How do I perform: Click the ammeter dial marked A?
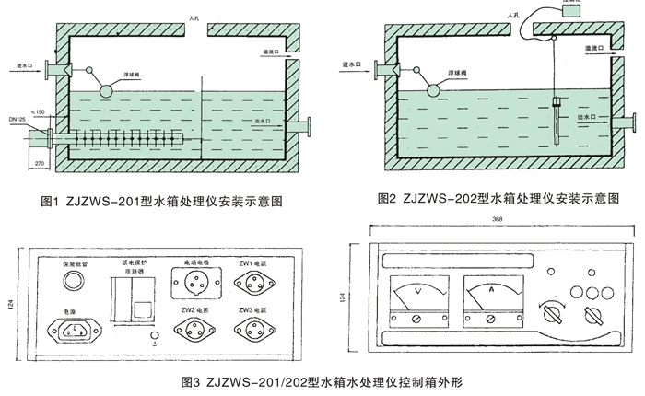pyautogui.click(x=489, y=297)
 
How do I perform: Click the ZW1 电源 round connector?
pyautogui.click(x=252, y=279)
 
